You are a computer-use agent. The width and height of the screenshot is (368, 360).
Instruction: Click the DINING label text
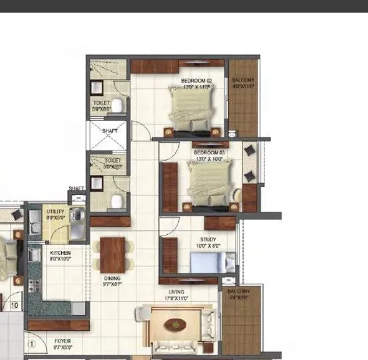point(111,280)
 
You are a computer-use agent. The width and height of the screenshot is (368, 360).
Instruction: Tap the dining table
point(112,254)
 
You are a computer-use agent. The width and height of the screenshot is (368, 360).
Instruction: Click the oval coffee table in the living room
point(176,325)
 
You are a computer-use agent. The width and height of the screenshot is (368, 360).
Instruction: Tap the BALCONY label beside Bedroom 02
point(244,83)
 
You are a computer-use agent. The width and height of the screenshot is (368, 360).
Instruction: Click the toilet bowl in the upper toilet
point(117,104)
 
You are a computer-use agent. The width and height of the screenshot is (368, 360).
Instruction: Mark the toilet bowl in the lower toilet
point(117,201)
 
